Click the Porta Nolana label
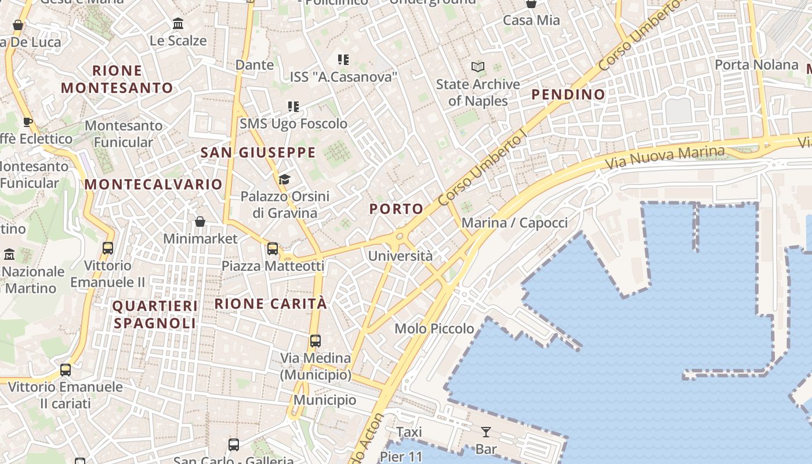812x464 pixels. tap(756, 64)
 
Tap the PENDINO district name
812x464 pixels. tap(568, 94)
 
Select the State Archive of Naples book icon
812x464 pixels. tap(477, 67)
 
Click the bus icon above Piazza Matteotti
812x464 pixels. tap(273, 249)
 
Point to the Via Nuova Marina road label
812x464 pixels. tap(665, 157)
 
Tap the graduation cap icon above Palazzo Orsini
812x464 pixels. tap(284, 179)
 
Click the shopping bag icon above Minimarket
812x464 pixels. tap(200, 222)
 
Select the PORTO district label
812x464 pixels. tap(396, 209)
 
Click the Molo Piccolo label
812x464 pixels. tap(434, 329)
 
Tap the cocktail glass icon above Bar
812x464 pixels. tap(485, 432)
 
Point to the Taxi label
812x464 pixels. tap(409, 432)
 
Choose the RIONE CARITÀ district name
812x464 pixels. tap(271, 303)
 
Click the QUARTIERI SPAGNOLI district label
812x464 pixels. tap(155, 314)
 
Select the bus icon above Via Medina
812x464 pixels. tap(316, 340)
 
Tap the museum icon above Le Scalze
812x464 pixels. tap(178, 24)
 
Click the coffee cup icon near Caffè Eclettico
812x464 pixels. tap(27, 122)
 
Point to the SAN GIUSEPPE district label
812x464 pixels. tap(258, 153)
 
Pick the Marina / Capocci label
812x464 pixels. tap(514, 223)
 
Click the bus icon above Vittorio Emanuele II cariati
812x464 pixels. tap(66, 369)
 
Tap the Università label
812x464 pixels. tap(400, 256)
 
